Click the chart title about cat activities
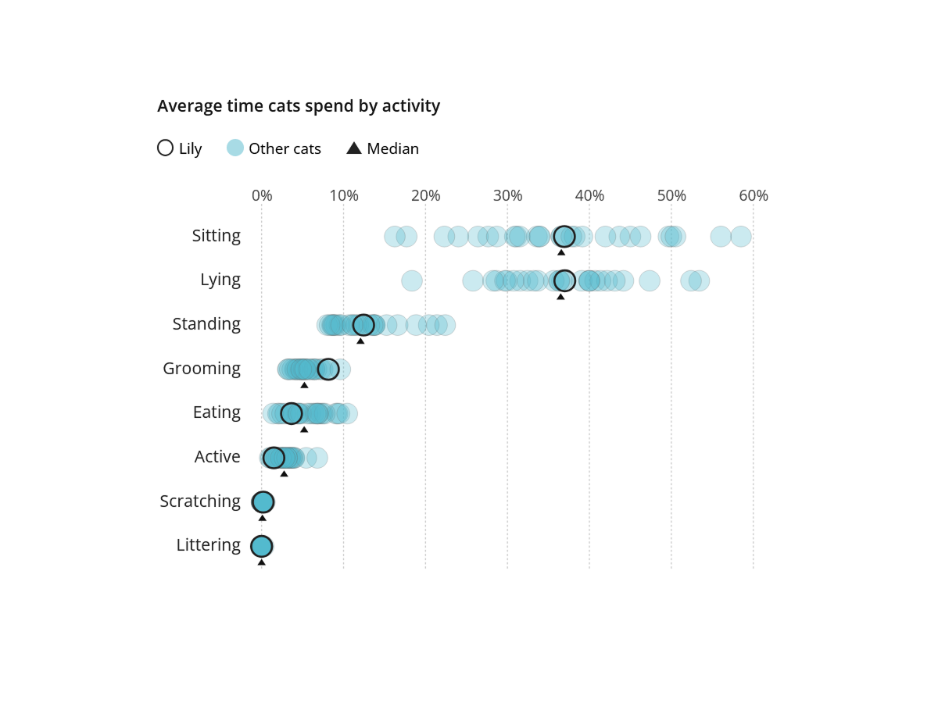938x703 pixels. click(299, 106)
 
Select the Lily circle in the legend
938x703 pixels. click(165, 148)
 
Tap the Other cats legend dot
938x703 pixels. click(235, 148)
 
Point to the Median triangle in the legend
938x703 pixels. click(354, 148)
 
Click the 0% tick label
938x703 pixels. click(262, 196)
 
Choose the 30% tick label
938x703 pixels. click(507, 196)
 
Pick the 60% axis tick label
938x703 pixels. click(754, 196)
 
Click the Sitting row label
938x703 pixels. click(217, 236)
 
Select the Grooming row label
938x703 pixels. click(202, 369)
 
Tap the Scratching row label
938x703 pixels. click(200, 501)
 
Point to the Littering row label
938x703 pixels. click(208, 545)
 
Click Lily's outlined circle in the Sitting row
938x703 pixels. click(564, 236)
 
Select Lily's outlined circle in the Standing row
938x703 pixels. click(363, 325)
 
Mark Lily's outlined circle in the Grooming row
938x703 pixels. click(328, 369)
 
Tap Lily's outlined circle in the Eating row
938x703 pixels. click(292, 413)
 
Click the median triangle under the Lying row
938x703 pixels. click(560, 297)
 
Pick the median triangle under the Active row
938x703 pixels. click(284, 473)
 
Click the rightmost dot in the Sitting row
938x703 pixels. click(741, 237)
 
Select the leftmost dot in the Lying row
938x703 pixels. click(412, 280)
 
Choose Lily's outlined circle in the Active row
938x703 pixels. click(274, 458)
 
